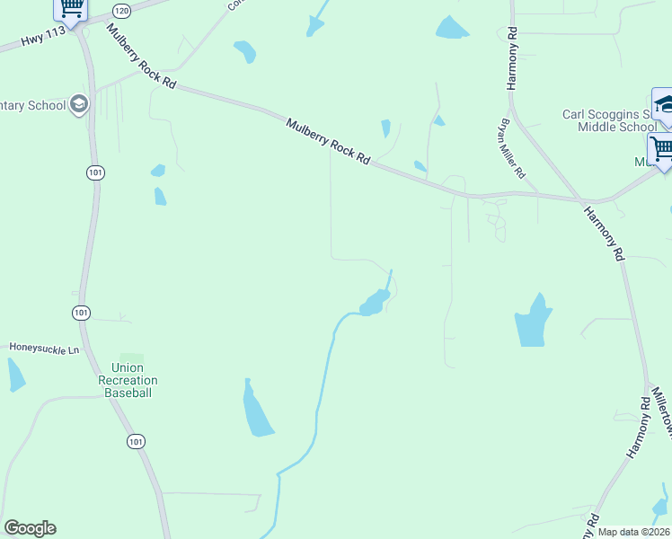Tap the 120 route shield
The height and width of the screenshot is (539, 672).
pos(121,10)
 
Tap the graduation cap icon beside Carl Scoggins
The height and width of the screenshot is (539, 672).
pos(664,103)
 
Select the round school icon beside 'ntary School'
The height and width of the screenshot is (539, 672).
pos(79,104)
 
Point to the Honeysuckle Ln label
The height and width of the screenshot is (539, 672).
pos(44,347)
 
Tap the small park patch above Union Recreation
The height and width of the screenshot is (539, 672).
pos(132,358)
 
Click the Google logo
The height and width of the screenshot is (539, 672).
pos(30,528)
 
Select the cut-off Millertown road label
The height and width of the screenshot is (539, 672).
pos(661,412)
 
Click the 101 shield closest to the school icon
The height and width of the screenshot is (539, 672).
pos(94,172)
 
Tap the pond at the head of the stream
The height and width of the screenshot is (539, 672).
pos(375,303)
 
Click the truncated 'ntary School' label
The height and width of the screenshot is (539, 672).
pos(34,105)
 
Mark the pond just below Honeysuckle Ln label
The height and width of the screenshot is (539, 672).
pos(15,375)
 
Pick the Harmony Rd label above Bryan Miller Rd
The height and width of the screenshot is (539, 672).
pos(512,58)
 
